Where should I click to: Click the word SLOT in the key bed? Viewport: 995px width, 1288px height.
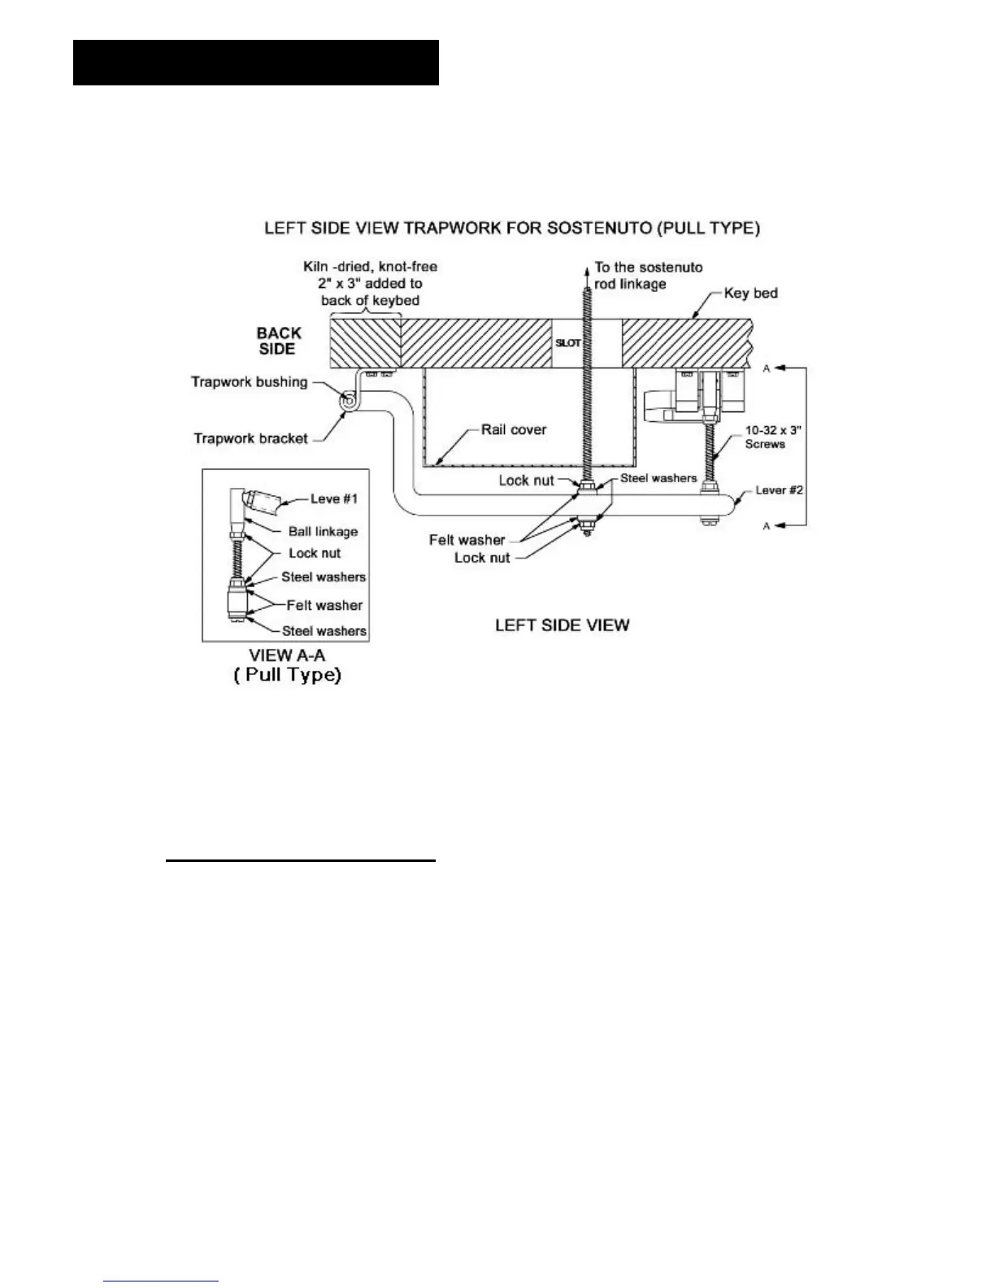tap(567, 343)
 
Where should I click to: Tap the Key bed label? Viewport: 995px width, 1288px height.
tap(750, 293)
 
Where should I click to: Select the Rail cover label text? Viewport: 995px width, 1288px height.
tap(513, 429)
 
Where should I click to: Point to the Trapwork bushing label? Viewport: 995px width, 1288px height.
tap(249, 381)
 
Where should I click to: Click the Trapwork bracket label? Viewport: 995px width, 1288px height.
tap(250, 438)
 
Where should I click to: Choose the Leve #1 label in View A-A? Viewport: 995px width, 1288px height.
tap(334, 498)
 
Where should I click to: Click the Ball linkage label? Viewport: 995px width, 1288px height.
tap(323, 532)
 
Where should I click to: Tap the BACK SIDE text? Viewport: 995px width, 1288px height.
tap(278, 340)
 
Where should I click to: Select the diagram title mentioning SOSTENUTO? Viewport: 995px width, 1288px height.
tap(512, 228)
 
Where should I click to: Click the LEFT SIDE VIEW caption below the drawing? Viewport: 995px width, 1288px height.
tap(563, 624)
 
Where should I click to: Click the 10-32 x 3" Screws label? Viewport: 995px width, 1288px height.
tap(765, 437)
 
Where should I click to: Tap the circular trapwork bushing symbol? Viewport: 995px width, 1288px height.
tap(348, 400)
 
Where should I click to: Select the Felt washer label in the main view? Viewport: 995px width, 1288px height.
tap(467, 539)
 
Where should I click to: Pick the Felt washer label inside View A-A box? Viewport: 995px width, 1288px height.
tap(324, 605)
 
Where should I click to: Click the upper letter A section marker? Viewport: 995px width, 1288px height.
tap(766, 368)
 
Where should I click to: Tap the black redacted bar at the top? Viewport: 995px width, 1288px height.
tap(256, 63)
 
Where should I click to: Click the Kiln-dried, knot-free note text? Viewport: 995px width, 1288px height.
tap(371, 283)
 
